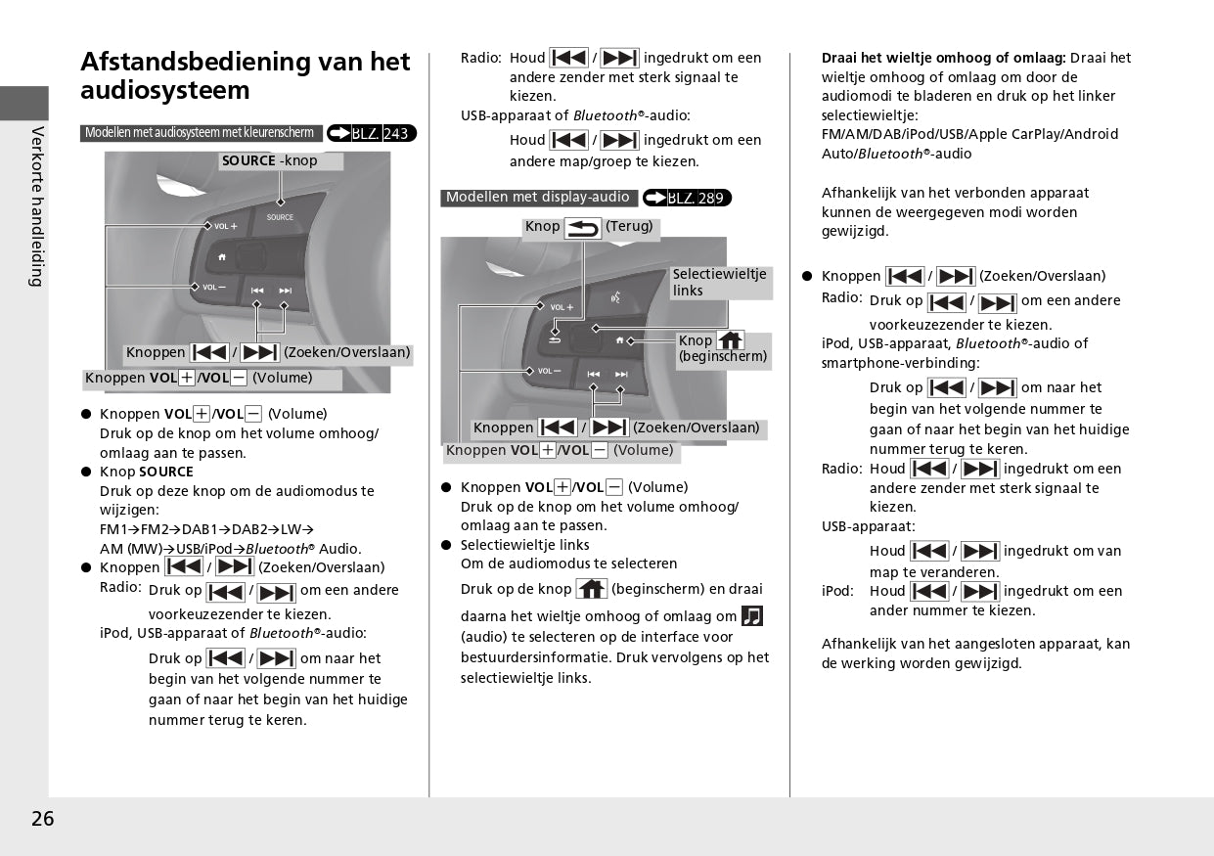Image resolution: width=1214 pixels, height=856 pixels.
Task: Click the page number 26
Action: (x=42, y=819)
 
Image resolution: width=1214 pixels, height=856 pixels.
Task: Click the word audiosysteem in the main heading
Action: (x=164, y=91)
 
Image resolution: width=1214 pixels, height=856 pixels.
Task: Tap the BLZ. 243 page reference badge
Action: (x=372, y=133)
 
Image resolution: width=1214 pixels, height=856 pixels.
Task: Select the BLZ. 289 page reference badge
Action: (x=687, y=199)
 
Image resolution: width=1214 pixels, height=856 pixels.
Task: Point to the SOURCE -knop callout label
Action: (x=270, y=160)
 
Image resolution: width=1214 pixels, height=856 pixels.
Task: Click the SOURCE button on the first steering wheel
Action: (x=280, y=217)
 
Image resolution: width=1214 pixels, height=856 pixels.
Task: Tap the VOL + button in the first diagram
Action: (x=225, y=226)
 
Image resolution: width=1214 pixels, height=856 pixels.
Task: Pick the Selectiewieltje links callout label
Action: (x=720, y=283)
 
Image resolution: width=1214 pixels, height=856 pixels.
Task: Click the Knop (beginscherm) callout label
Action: (x=723, y=348)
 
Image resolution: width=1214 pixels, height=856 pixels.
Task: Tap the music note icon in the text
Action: (x=751, y=616)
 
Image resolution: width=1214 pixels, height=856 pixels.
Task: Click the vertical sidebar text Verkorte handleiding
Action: (x=37, y=205)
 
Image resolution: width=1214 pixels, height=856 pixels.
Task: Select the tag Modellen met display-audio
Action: (x=538, y=198)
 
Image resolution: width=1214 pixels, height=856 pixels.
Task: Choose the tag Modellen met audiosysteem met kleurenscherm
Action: (x=201, y=133)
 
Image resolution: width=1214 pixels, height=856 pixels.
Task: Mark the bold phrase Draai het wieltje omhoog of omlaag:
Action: (x=943, y=58)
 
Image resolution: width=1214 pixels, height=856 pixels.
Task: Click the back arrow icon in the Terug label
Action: (x=583, y=228)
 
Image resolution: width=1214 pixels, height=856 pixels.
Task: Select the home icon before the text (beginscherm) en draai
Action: (x=591, y=589)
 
